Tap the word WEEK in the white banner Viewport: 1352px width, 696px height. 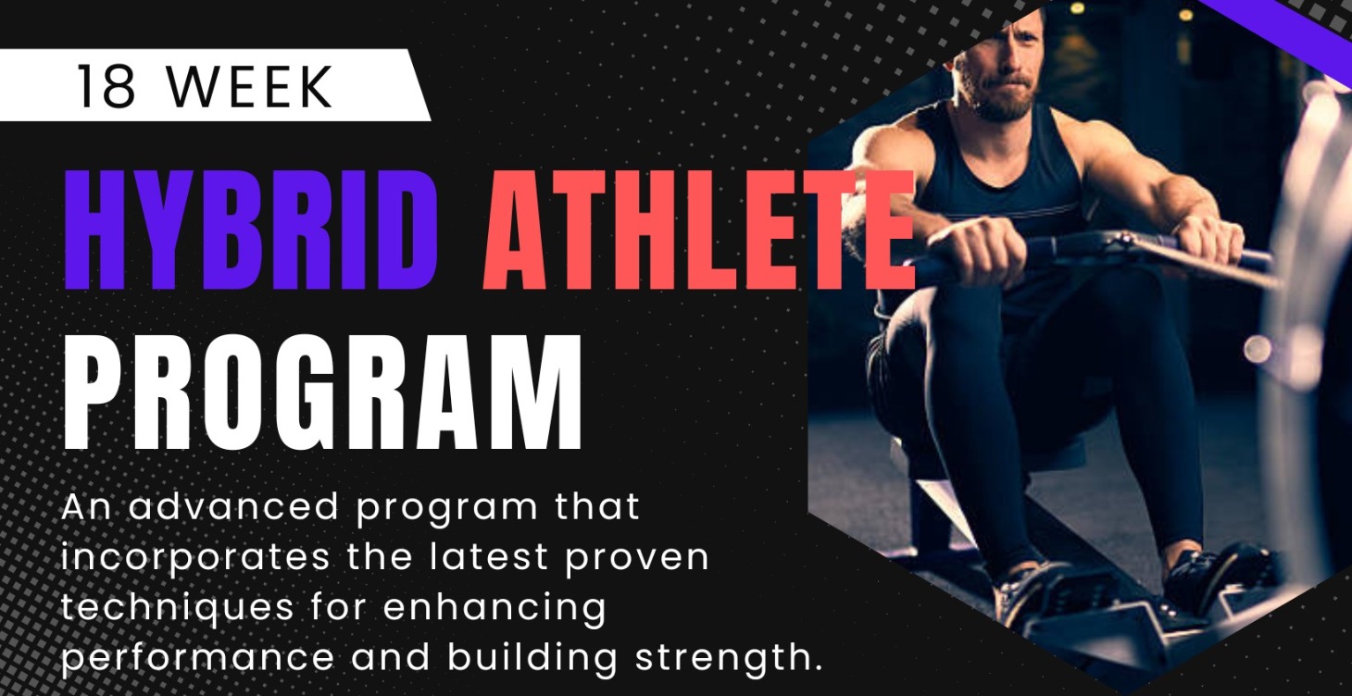pyautogui.click(x=253, y=86)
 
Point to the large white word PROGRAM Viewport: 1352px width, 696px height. pyautogui.click(x=323, y=394)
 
